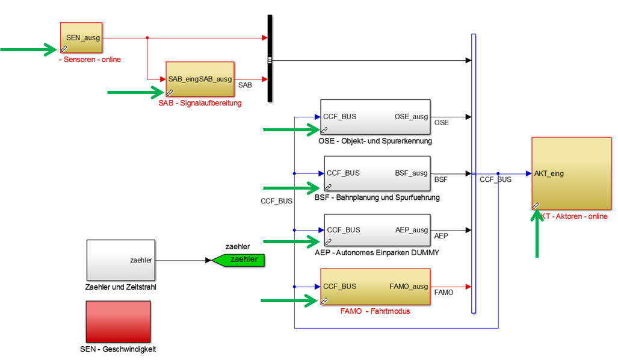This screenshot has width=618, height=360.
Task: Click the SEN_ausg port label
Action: click(x=82, y=37)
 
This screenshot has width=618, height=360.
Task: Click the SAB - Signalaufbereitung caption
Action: click(x=200, y=103)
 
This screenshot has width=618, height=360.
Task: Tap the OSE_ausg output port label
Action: click(x=411, y=116)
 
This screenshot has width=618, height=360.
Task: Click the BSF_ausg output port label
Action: click(x=412, y=173)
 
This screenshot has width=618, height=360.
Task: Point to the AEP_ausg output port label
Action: click(x=412, y=229)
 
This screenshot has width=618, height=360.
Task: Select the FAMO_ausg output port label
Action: click(x=409, y=287)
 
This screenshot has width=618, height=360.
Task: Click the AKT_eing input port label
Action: click(x=549, y=173)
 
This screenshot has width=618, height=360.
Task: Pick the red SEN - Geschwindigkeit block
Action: click(x=118, y=321)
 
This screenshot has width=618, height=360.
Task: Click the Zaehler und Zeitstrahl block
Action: click(x=121, y=260)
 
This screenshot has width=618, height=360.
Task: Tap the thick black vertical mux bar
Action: click(x=270, y=58)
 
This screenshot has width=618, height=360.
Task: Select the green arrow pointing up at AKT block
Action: click(x=537, y=235)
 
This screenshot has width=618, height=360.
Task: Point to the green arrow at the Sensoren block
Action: click(x=28, y=49)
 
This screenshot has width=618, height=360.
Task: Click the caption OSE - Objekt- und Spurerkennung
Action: click(x=375, y=141)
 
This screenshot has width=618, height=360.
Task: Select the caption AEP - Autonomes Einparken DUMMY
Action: click(x=377, y=253)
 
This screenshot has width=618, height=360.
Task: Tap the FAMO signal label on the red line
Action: click(x=443, y=293)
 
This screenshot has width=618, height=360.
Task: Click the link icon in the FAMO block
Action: click(x=324, y=300)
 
